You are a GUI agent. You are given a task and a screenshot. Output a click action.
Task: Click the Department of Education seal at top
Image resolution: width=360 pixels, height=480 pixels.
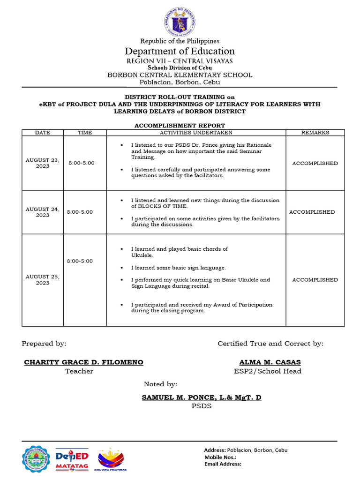point(180,20)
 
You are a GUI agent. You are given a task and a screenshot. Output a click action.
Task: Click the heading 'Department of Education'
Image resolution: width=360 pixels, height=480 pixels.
point(180,51)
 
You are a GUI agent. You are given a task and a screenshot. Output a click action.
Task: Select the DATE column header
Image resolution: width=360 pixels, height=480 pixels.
point(43,133)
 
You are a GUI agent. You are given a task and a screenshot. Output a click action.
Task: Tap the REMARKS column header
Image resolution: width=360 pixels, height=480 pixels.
point(315,133)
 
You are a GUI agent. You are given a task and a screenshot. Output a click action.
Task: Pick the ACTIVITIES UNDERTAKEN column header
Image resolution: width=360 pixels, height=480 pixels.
point(196,133)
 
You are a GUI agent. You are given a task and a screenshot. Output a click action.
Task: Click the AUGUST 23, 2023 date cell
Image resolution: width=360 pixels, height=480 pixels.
point(43,163)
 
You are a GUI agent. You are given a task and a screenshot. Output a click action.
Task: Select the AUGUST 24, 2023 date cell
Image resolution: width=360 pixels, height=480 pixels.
point(43,212)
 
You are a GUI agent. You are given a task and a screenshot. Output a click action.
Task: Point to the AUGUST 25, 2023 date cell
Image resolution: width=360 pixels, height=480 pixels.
point(43,279)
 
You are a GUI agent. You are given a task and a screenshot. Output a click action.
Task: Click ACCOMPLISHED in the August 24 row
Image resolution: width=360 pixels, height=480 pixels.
point(312,212)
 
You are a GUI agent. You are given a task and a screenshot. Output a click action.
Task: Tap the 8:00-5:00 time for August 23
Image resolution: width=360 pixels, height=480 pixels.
point(82,163)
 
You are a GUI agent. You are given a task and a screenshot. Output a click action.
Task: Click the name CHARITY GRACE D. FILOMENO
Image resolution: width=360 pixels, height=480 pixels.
point(83,362)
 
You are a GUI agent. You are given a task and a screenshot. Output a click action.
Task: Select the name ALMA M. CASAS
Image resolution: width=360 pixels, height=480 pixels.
point(270,362)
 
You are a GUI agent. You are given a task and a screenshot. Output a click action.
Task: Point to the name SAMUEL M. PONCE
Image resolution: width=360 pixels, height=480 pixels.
point(202,397)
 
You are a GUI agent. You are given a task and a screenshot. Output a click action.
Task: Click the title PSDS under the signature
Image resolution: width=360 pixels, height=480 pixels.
point(202,406)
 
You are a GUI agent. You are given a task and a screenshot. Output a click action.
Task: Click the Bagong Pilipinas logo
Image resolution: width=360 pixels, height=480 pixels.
point(111,459)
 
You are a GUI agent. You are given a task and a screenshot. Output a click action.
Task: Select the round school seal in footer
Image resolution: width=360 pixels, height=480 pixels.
point(36,459)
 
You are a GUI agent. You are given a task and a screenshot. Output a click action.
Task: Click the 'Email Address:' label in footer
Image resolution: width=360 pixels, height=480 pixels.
point(223,464)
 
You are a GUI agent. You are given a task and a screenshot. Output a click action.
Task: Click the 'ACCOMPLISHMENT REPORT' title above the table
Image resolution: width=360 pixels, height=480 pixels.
point(180,126)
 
